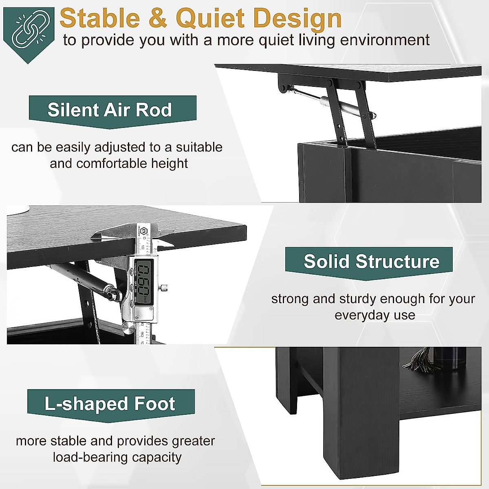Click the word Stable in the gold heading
click(x=100, y=18)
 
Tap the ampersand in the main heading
click(x=158, y=18)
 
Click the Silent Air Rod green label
click(x=112, y=112)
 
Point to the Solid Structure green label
click(x=369, y=263)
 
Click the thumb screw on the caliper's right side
click(x=164, y=288)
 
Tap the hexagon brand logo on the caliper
click(x=144, y=230)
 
